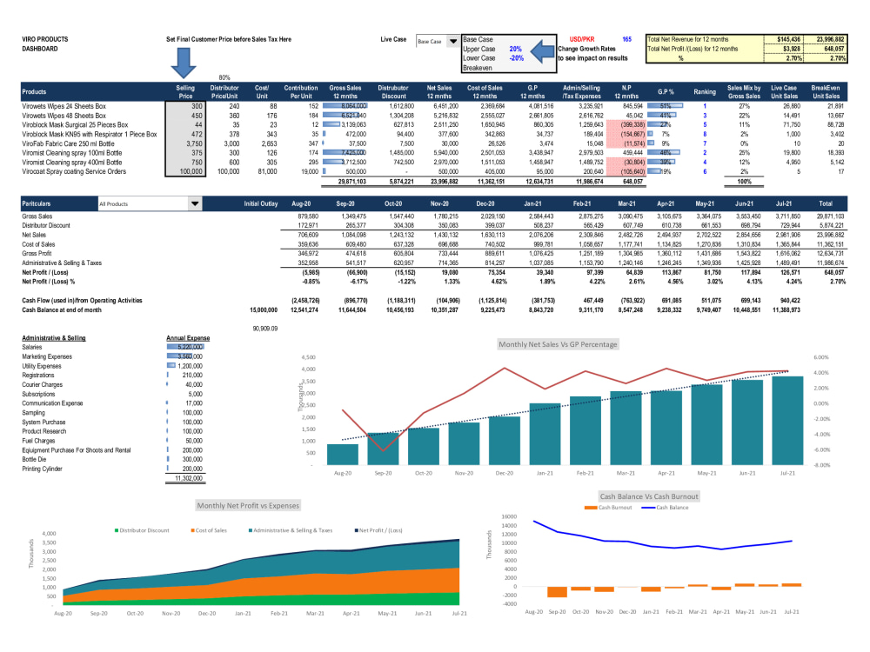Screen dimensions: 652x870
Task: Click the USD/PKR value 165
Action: pyautogui.click(x=626, y=40)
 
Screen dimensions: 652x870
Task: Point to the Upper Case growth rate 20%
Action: pyautogui.click(x=515, y=50)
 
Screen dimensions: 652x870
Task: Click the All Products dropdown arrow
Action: pyautogui.click(x=195, y=204)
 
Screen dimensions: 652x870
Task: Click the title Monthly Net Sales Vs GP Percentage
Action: pyautogui.click(x=558, y=344)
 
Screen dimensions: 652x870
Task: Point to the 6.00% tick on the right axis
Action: pyautogui.click(x=823, y=357)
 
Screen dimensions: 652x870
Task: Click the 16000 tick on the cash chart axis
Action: pyautogui.click(x=509, y=516)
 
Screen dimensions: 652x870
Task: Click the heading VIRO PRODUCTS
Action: pyautogui.click(x=44, y=40)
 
